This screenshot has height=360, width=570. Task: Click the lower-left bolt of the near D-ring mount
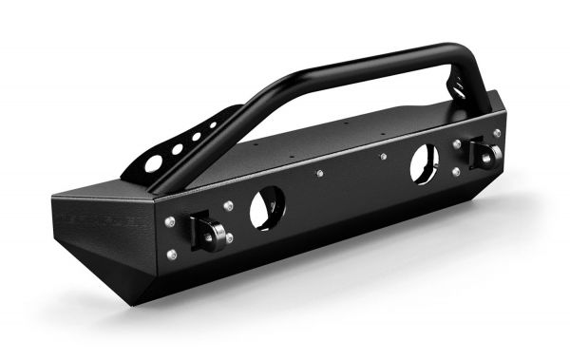171,254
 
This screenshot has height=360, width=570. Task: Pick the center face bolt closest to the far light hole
382,157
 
